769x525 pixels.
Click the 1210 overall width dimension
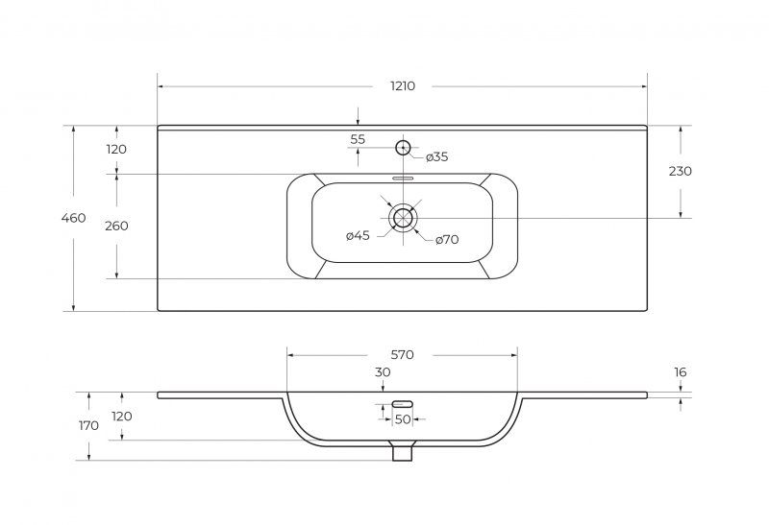pyautogui.click(x=403, y=86)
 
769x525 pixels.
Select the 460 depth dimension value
pyautogui.click(x=74, y=218)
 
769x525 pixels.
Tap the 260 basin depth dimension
pyautogui.click(x=116, y=226)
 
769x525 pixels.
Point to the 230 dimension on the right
pyautogui.click(x=681, y=171)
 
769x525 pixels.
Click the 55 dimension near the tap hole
pyautogui.click(x=358, y=139)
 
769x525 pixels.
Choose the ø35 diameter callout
pyautogui.click(x=437, y=156)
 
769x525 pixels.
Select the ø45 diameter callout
pyautogui.click(x=358, y=235)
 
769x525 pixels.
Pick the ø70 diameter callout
pyautogui.click(x=447, y=240)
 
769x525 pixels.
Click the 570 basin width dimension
pyautogui.click(x=402, y=354)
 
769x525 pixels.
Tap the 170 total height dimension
pyautogui.click(x=88, y=425)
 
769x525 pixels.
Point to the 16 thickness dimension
pyautogui.click(x=681, y=372)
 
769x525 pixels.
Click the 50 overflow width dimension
pyautogui.click(x=403, y=419)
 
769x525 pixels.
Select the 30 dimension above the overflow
pyautogui.click(x=383, y=372)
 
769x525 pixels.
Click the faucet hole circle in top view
pyautogui.click(x=403, y=147)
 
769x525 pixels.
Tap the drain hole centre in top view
pyautogui.click(x=403, y=218)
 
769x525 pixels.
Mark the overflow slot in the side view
pyautogui.click(x=402, y=403)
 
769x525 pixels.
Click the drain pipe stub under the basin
pyautogui.click(x=402, y=451)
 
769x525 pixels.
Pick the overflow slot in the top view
pyautogui.click(x=402, y=179)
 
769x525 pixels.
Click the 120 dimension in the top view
pyautogui.click(x=116, y=150)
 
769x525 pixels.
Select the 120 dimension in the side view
pyautogui.click(x=122, y=417)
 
